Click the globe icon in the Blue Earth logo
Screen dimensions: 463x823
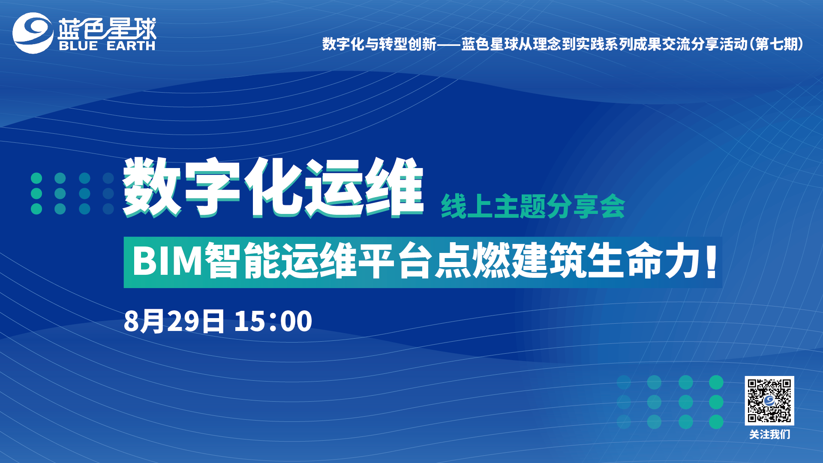pyautogui.click(x=33, y=33)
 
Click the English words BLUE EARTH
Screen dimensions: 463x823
pyautogui.click(x=107, y=46)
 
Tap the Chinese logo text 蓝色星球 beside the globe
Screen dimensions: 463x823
pyautogui.click(x=107, y=28)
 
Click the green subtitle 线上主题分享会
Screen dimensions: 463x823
pyautogui.click(x=533, y=206)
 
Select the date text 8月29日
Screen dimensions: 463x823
pyautogui.click(x=174, y=321)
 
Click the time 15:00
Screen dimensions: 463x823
pyautogui.click(x=273, y=321)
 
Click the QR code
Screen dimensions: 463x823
pyautogui.click(x=769, y=400)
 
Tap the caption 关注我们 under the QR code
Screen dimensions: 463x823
pyautogui.click(x=769, y=434)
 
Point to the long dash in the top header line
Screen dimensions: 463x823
pyautogui.click(x=448, y=44)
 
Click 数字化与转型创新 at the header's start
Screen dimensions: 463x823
pyautogui.click(x=379, y=44)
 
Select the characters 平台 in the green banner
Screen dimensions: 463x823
pyautogui.click(x=394, y=261)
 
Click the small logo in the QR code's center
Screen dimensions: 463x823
pyautogui.click(x=769, y=401)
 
